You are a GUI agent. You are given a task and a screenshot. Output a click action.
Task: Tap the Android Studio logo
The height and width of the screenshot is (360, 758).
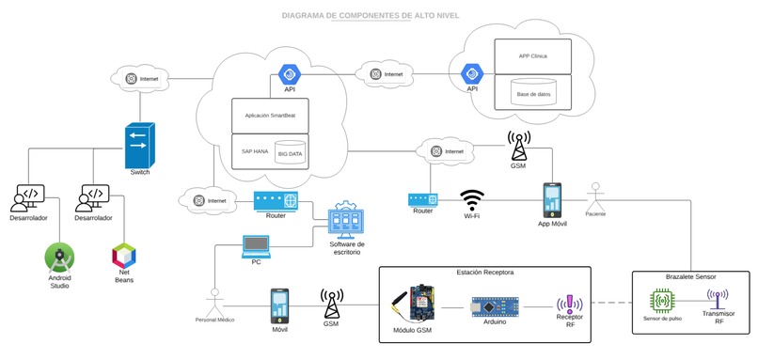(59, 256)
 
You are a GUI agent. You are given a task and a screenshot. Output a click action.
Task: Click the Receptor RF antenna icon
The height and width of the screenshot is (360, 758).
(570, 304)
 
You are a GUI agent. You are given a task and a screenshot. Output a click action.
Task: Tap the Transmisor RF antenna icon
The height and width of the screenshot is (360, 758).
(718, 301)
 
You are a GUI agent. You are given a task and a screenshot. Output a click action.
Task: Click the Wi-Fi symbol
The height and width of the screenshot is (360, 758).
(472, 200)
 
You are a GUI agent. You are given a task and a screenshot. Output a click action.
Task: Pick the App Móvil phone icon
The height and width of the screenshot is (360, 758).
(552, 200)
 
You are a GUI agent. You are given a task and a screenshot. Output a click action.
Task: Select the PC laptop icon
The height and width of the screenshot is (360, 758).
(256, 245)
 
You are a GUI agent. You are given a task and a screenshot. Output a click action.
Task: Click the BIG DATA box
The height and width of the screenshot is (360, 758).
(290, 153)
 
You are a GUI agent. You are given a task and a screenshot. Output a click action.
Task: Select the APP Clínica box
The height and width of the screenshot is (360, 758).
(532, 55)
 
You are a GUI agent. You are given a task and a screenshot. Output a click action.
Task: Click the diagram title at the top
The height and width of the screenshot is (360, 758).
(379, 16)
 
